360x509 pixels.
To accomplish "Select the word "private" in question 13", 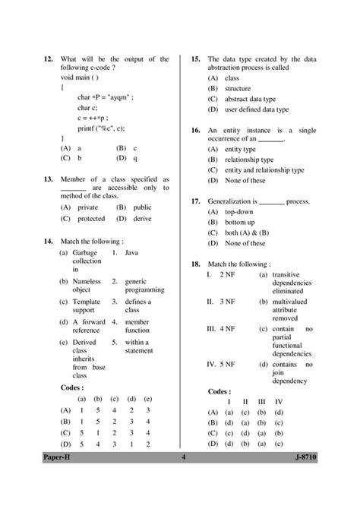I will point(89,206).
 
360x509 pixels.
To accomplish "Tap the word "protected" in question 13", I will point(93,218).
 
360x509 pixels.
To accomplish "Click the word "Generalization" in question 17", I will point(233,201).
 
